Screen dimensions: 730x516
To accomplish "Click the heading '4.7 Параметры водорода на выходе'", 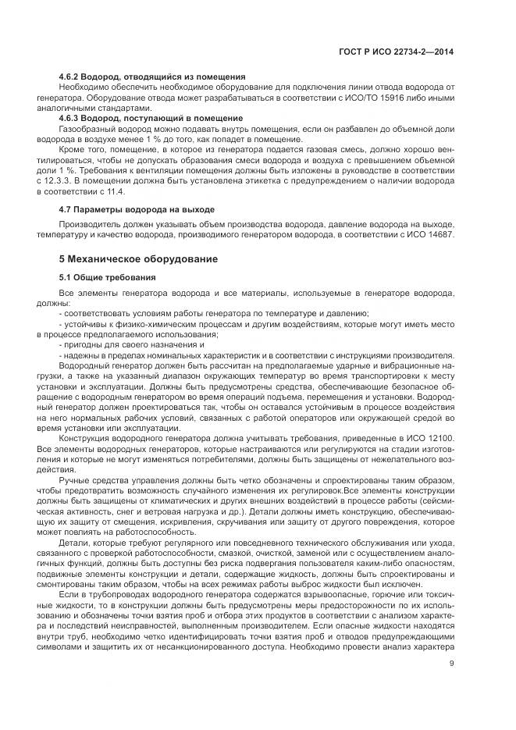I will [x=137, y=210].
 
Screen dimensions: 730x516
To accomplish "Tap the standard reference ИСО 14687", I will [x=430, y=235].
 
